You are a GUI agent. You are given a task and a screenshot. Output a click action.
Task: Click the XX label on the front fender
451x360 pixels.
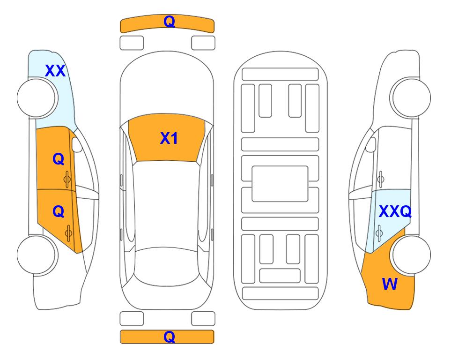[x=55, y=71]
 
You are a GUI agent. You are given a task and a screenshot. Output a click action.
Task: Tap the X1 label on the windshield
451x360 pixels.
[x=169, y=138]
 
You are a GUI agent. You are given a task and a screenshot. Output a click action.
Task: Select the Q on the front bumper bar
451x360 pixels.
[x=169, y=22]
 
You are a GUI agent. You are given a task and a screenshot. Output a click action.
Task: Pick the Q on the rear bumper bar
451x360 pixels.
[x=169, y=337]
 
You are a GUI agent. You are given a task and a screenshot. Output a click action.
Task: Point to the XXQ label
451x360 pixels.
[x=395, y=211]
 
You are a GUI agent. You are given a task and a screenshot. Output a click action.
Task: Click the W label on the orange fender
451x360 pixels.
[x=390, y=284]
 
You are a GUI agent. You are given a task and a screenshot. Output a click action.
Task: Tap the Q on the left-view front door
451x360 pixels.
[x=59, y=159]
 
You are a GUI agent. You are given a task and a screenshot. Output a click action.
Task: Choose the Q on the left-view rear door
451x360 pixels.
[x=59, y=212]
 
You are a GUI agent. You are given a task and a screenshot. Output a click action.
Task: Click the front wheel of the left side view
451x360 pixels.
[x=37, y=98]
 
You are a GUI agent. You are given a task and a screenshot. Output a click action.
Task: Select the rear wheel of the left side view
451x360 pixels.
[x=37, y=255]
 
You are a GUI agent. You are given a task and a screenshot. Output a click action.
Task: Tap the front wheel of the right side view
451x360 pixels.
[x=411, y=97]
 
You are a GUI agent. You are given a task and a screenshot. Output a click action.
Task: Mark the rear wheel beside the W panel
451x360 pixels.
[x=411, y=255]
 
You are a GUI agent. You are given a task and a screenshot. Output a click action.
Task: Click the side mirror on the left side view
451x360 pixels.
[x=77, y=144]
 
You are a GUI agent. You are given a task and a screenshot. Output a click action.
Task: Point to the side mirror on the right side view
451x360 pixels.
[x=371, y=144]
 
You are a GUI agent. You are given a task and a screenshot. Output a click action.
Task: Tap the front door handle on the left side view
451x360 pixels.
[x=67, y=180]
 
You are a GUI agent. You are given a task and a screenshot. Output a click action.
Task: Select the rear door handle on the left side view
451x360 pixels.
[x=68, y=233]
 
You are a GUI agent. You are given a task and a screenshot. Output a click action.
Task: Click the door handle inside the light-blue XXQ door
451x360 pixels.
[x=379, y=233]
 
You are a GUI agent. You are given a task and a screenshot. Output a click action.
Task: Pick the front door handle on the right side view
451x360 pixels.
[x=381, y=180]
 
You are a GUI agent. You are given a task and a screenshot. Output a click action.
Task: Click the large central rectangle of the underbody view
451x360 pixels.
[x=280, y=184]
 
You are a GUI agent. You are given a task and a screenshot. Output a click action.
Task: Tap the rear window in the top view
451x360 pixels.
[x=167, y=267]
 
